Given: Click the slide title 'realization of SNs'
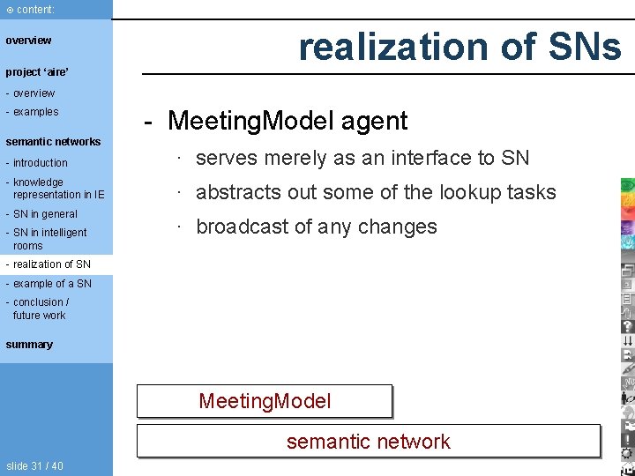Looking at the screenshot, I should (x=459, y=46).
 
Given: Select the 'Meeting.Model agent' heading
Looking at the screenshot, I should (x=288, y=121).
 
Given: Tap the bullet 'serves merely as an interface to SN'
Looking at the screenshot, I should (x=362, y=159).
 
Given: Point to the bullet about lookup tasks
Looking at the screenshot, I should (x=376, y=192).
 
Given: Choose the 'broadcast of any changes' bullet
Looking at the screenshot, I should (x=316, y=227).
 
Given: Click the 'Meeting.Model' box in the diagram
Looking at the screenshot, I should (x=265, y=402).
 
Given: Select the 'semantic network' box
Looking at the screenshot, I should (x=368, y=442).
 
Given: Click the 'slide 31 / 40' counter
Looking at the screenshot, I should (x=34, y=465).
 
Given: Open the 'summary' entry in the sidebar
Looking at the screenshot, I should (x=29, y=345).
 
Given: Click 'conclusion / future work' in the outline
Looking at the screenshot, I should (x=40, y=309).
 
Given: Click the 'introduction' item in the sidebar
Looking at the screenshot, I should (x=40, y=163).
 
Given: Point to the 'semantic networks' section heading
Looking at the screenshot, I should (x=53, y=141).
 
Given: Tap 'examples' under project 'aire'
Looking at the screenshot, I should (x=35, y=112).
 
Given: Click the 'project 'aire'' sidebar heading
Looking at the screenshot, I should (x=37, y=71).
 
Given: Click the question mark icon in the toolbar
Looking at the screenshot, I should (x=627, y=326).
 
